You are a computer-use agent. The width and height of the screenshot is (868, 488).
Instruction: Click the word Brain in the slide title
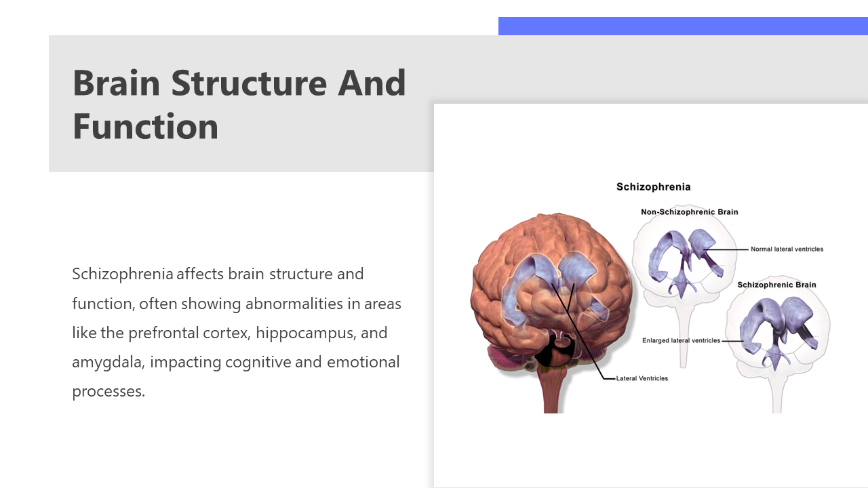[x=116, y=83]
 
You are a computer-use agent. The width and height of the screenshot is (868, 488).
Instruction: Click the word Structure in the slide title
[x=249, y=83]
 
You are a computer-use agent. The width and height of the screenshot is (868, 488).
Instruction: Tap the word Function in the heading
[x=145, y=126]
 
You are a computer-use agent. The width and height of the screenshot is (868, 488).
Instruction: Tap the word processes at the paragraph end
[x=108, y=392]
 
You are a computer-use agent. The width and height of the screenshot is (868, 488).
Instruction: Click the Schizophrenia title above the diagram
[x=653, y=187]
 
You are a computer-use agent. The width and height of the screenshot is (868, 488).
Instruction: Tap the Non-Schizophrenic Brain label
[x=690, y=212]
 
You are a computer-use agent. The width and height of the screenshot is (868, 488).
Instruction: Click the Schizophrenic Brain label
[x=776, y=285]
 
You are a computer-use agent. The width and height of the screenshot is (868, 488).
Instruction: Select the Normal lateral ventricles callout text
[x=787, y=249]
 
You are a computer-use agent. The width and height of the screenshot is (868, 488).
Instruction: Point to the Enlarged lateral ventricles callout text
[x=682, y=340]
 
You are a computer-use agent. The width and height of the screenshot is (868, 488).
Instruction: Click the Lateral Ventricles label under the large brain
[x=642, y=378]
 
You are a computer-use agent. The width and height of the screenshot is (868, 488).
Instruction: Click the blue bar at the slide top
[x=683, y=26]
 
